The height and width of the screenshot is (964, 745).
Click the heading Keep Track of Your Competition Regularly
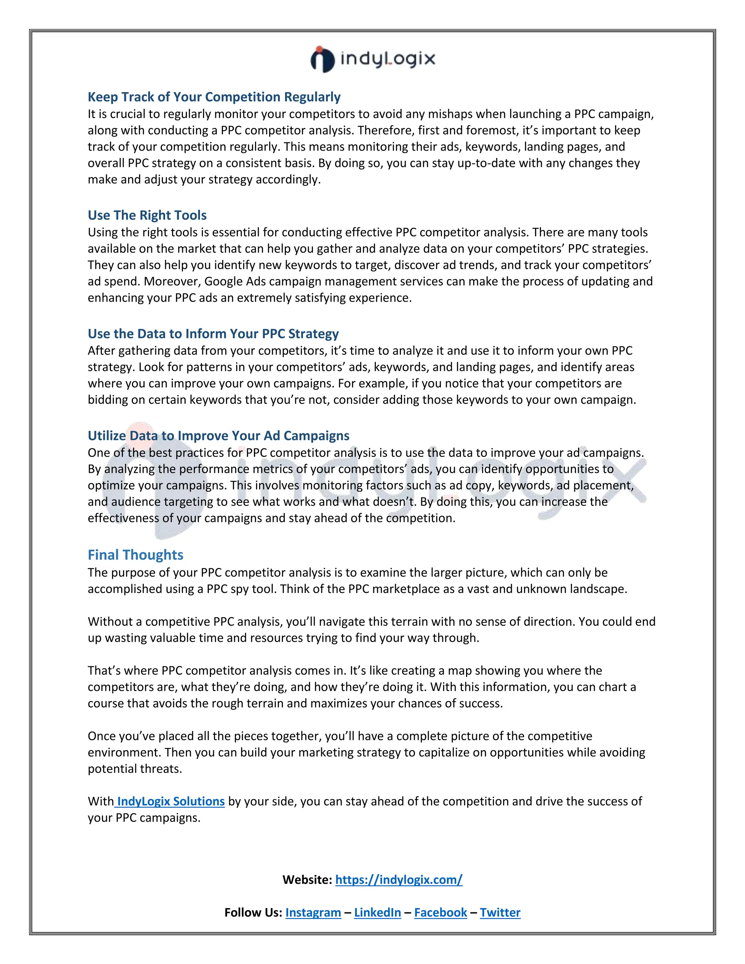214,97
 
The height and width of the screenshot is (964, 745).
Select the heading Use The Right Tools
147,215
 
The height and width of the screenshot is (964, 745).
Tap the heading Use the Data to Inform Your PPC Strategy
213,334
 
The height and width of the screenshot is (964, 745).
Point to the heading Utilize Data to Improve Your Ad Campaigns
219,436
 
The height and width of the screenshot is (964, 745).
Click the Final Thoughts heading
135,555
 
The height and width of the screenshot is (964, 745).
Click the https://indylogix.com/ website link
399,880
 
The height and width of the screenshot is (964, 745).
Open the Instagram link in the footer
313,912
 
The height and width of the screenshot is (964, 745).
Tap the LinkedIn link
377,912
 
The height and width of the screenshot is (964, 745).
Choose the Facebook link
441,912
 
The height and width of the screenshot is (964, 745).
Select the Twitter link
500,912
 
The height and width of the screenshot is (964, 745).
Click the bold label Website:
307,880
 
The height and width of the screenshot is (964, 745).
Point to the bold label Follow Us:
253,912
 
